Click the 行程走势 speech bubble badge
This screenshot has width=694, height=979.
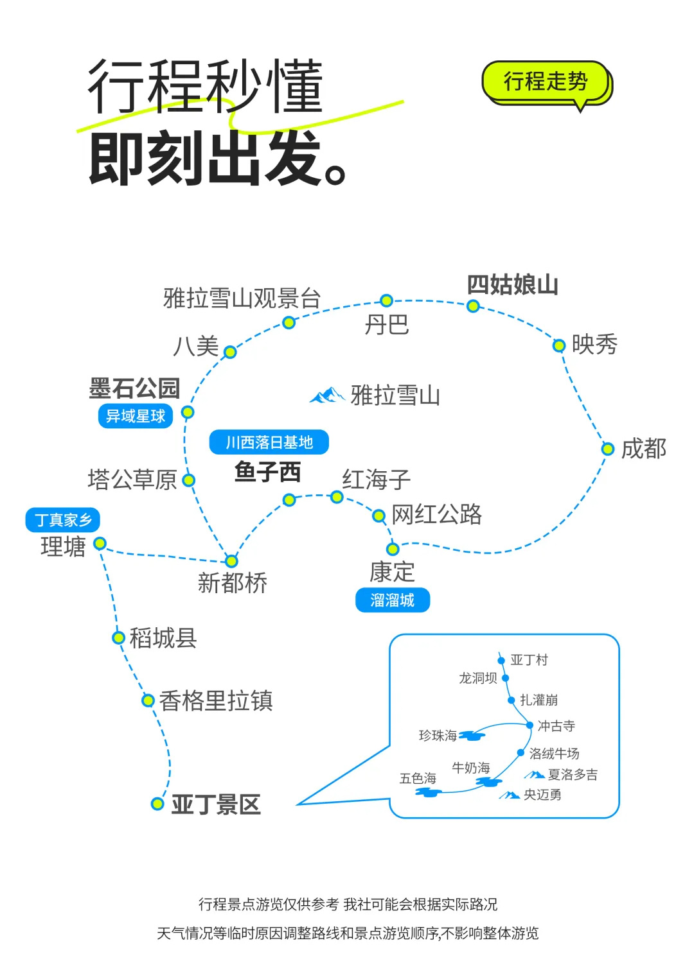pyautogui.click(x=545, y=82)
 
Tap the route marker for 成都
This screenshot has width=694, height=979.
pyautogui.click(x=607, y=449)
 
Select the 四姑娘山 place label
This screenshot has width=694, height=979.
pyautogui.click(x=512, y=284)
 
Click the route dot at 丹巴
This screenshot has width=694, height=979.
pyautogui.click(x=386, y=300)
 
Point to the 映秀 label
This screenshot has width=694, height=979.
pyautogui.click(x=594, y=345)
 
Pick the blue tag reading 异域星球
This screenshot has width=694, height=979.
pyautogui.click(x=136, y=416)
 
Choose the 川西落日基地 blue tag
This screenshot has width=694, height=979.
pyautogui.click(x=269, y=442)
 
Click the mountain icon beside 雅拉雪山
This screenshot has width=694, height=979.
pyautogui.click(x=328, y=395)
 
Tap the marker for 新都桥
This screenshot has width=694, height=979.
pyautogui.click(x=231, y=561)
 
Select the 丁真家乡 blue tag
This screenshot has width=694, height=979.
pyautogui.click(x=63, y=520)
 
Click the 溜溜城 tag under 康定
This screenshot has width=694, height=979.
pyautogui.click(x=392, y=600)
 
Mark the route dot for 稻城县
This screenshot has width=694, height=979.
pyautogui.click(x=118, y=637)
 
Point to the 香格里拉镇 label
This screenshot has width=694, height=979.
pyautogui.click(x=216, y=700)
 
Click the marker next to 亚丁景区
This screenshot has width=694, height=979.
pyautogui.click(x=157, y=804)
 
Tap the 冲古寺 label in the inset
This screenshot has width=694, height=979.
pyautogui.click(x=556, y=726)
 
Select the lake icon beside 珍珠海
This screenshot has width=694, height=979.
pyautogui.click(x=472, y=736)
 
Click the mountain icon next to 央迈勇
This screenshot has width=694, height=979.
pyautogui.click(x=510, y=795)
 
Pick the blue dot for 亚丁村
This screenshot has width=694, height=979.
pyautogui.click(x=501, y=660)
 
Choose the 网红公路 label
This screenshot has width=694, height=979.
pyautogui.click(x=437, y=514)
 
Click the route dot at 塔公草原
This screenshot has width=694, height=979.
pyautogui.click(x=188, y=480)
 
